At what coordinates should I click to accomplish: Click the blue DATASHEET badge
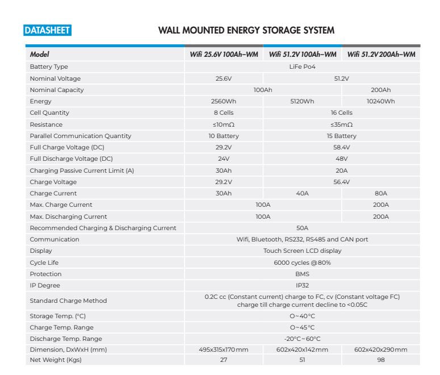(x=47, y=30)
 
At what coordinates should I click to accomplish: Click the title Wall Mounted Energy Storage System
(x=246, y=30)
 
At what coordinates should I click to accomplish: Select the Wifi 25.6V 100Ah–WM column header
(x=223, y=55)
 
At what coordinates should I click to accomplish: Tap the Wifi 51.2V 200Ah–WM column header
(x=381, y=55)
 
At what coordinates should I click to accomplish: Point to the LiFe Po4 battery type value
(x=302, y=66)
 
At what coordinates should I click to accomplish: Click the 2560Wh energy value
(x=223, y=101)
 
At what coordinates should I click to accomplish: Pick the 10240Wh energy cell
(x=381, y=101)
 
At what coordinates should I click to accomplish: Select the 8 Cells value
(x=223, y=113)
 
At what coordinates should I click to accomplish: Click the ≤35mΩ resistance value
(x=341, y=124)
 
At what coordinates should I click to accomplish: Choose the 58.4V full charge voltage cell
(x=341, y=147)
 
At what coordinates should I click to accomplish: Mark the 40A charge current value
(x=302, y=193)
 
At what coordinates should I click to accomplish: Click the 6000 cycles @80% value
(x=302, y=262)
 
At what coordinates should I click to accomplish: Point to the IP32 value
(x=302, y=285)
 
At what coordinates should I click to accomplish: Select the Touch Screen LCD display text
(x=302, y=251)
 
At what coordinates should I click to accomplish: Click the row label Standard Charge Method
(x=68, y=301)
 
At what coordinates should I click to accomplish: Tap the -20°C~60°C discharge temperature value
(x=302, y=339)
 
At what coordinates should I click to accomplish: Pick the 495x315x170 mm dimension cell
(x=223, y=349)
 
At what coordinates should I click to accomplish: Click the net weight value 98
(x=381, y=361)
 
